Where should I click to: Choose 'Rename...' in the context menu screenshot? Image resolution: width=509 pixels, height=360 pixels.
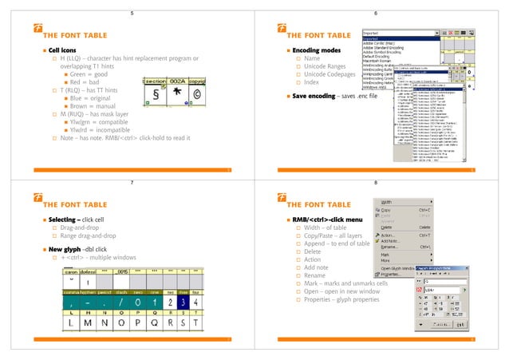tap(391, 247)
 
